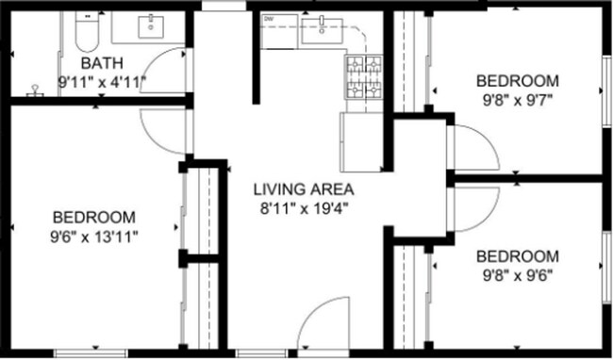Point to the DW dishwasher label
[x=269, y=19]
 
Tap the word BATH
[x=101, y=63]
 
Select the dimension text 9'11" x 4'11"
[x=101, y=81]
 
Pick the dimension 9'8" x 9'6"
[x=516, y=275]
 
